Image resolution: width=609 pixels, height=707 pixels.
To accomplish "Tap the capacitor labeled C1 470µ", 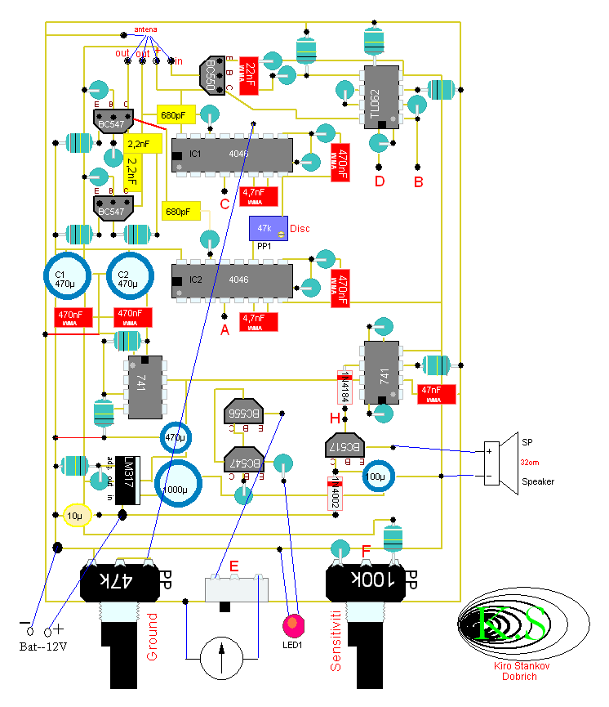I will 71,279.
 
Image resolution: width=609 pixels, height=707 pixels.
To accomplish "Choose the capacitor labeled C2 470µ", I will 129,279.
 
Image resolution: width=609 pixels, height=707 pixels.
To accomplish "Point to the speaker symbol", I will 500,459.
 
